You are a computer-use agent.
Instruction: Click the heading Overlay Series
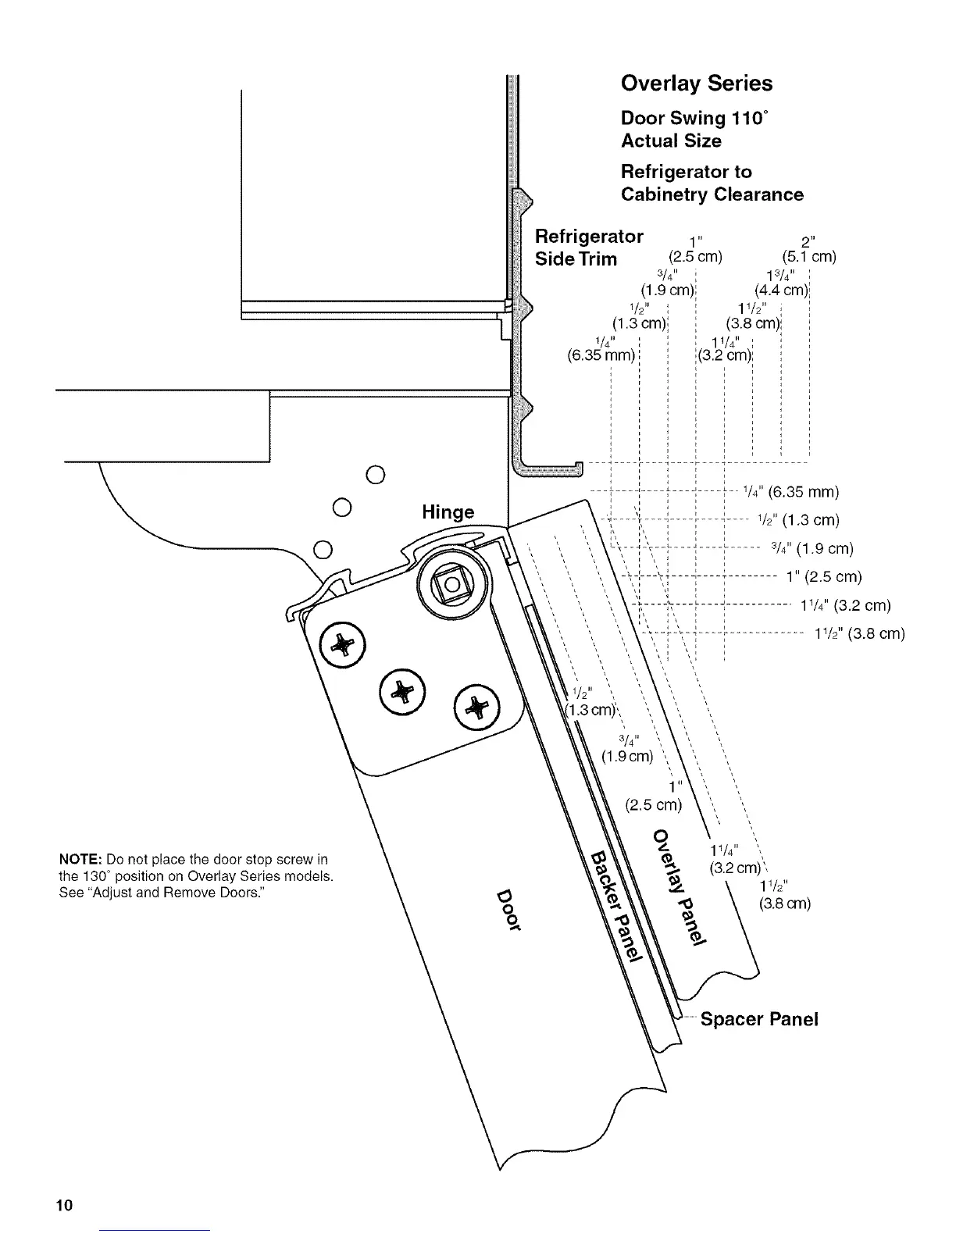click(x=696, y=84)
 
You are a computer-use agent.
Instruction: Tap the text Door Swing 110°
click(x=694, y=118)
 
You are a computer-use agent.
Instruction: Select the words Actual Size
click(x=671, y=141)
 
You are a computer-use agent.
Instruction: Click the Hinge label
click(x=448, y=512)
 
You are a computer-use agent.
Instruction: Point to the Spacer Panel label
click(x=759, y=1019)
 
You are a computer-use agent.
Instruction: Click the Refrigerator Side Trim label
click(x=588, y=248)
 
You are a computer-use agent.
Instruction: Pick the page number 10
click(x=63, y=1205)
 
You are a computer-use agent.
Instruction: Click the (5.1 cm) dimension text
click(x=808, y=257)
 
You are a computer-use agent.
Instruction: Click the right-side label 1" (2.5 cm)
click(x=824, y=577)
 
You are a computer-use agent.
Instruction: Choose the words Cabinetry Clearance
click(x=712, y=194)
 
